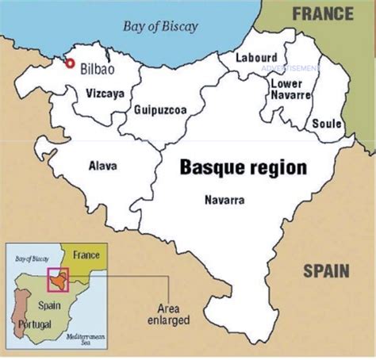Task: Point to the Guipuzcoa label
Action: point(160,110)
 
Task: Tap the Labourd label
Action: point(257,58)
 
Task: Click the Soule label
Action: point(327,124)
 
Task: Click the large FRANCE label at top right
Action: point(322,13)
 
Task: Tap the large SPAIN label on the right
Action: point(326,272)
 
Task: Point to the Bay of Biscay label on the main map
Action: point(160,27)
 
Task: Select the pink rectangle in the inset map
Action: point(59,280)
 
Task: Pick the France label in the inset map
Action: point(86,255)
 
